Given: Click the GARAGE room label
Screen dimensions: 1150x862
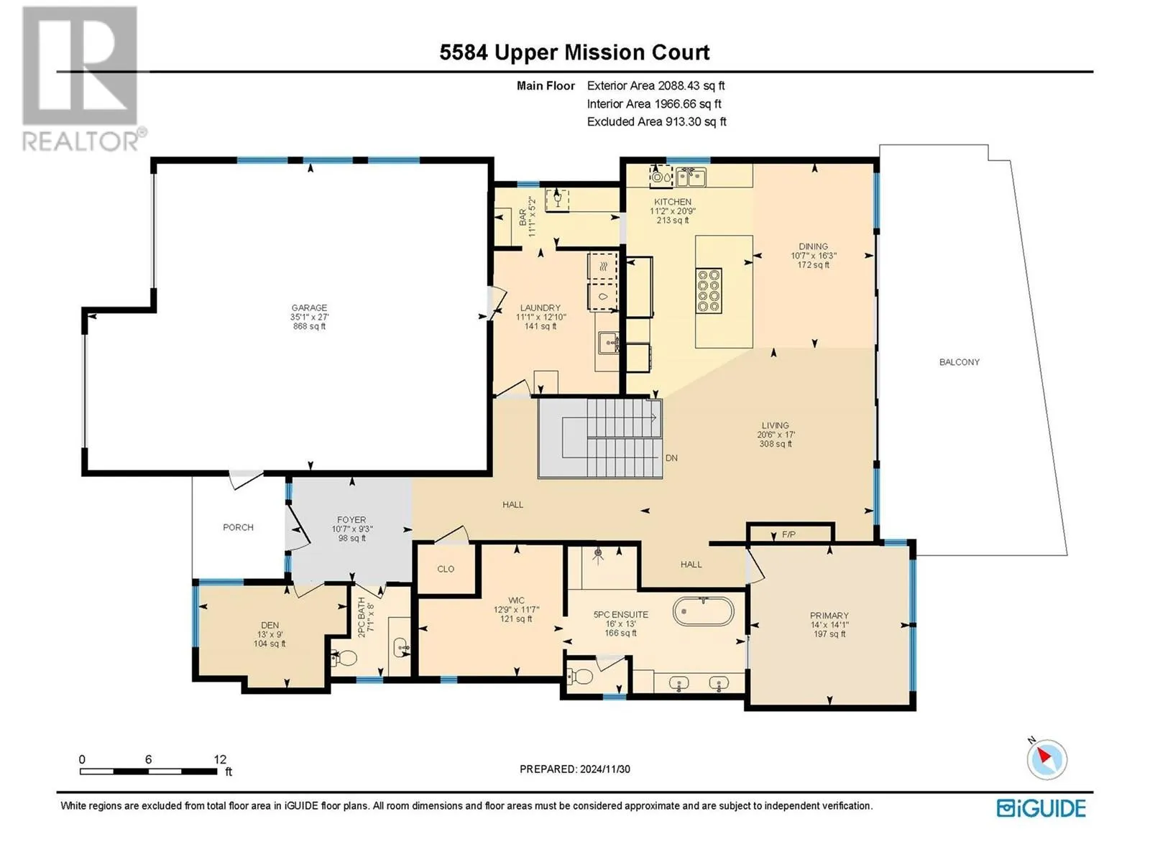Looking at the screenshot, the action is coord(309,307).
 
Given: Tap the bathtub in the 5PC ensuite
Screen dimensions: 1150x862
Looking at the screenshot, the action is coord(703,611).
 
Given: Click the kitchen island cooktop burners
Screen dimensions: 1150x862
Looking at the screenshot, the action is coord(709,291).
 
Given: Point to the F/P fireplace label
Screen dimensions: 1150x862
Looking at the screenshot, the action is coord(788,534).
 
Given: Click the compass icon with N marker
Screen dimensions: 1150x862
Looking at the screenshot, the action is coord(1046,759).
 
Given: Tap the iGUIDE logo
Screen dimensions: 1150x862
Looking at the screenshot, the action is coord(1041,808).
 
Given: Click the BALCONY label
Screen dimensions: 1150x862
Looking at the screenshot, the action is coord(960,361).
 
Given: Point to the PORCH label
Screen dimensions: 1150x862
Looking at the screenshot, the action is coord(238,527).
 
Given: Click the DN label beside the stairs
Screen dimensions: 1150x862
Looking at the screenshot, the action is coord(671,458).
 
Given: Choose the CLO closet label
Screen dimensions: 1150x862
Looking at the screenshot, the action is coord(446,569).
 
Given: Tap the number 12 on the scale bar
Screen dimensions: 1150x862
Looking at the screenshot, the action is coord(220,759).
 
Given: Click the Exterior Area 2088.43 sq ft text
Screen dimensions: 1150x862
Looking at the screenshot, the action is coord(656,85).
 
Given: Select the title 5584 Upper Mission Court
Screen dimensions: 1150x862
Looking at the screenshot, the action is coord(574,52).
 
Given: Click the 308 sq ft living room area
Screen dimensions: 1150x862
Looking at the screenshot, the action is coord(776,444).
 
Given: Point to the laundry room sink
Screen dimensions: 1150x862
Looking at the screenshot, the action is coord(608,343).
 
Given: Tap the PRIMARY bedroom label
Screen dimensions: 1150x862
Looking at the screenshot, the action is coord(829,616).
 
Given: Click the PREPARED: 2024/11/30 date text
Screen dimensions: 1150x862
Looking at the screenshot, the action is coord(575,769).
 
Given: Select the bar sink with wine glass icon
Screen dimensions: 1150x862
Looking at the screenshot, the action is coord(557,200).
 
